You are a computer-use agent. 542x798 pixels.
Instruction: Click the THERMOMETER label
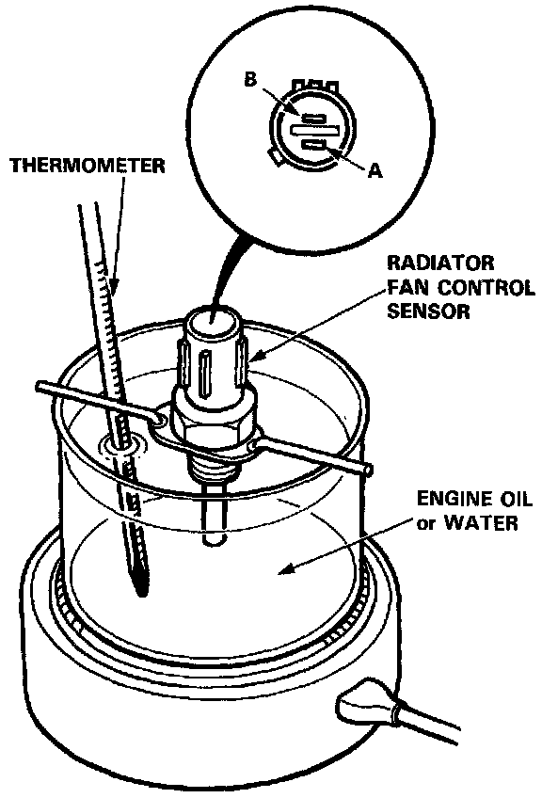pyautogui.click(x=88, y=166)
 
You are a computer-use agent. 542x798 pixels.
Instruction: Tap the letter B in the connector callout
pyautogui.click(x=250, y=79)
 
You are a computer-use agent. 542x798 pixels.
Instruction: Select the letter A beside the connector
pyautogui.click(x=375, y=171)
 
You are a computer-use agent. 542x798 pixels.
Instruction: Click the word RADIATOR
pyautogui.click(x=440, y=263)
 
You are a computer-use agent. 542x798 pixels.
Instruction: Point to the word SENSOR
pyautogui.click(x=428, y=311)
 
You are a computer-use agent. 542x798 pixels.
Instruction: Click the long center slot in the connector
pyautogui.click(x=314, y=132)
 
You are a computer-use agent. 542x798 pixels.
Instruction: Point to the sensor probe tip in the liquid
pyautogui.click(x=214, y=538)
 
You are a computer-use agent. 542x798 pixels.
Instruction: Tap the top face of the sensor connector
pyautogui.click(x=213, y=321)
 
